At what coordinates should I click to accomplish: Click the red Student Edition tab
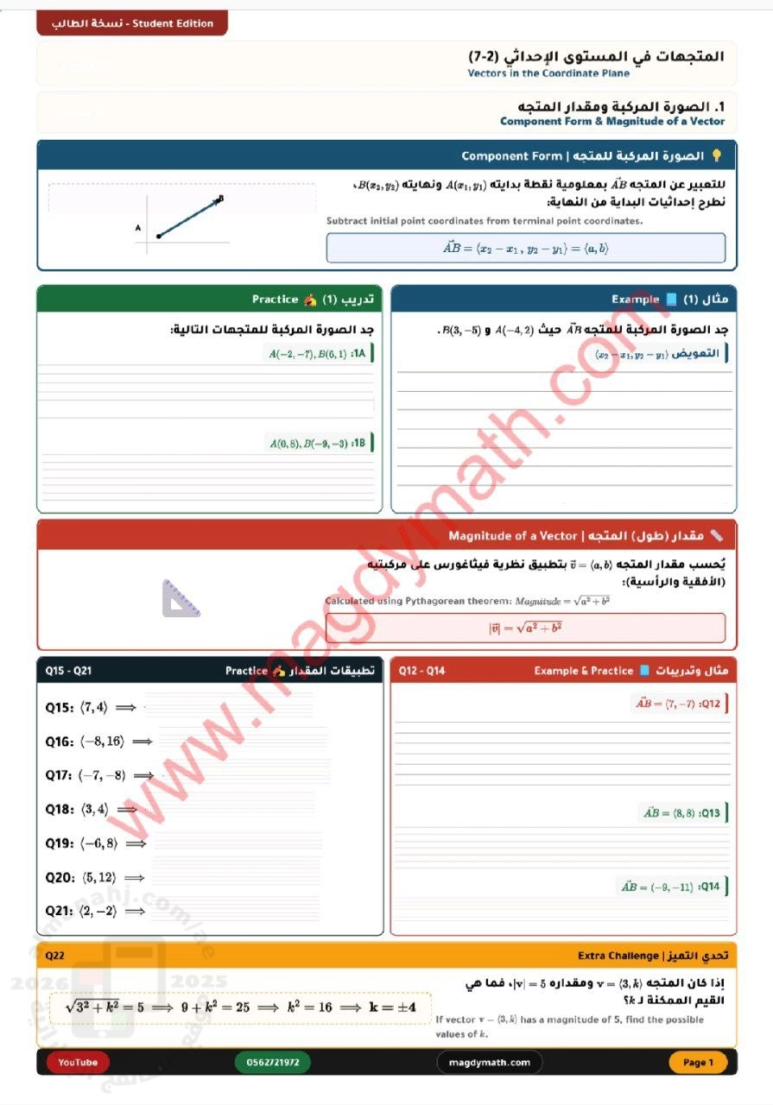(x=132, y=23)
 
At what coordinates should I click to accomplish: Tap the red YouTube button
(x=78, y=1062)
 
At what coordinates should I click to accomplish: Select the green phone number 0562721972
(x=272, y=1062)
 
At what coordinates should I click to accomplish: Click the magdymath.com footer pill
(x=490, y=1062)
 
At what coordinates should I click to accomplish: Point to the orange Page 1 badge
(x=698, y=1062)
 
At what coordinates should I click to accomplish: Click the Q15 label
(x=59, y=708)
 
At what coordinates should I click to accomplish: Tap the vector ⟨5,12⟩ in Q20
(x=99, y=877)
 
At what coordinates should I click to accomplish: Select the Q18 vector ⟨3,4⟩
(x=94, y=810)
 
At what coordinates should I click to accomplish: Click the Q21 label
(x=59, y=911)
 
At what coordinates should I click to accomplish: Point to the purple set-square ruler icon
(x=181, y=598)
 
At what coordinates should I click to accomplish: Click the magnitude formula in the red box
(x=525, y=628)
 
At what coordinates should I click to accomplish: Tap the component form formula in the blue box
(x=525, y=248)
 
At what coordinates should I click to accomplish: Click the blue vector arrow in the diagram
(x=189, y=217)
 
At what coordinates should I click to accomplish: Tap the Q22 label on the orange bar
(x=55, y=956)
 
